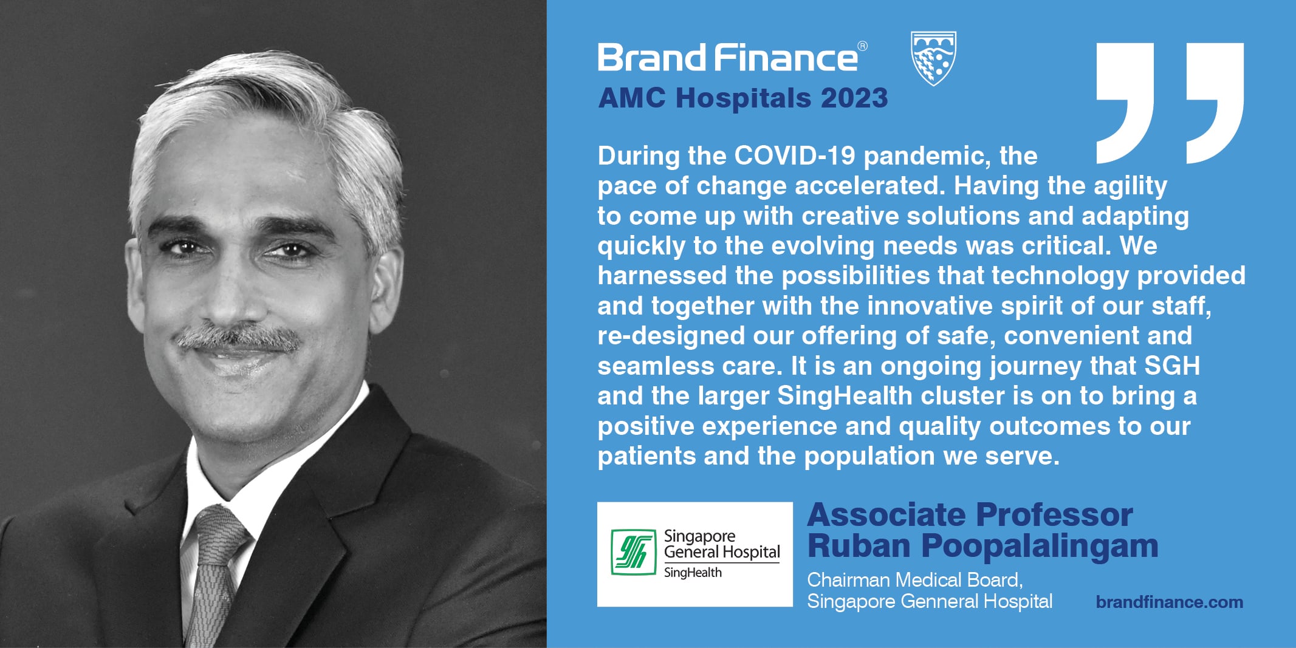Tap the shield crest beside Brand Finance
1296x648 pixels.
coord(934,58)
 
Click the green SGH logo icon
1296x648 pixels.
coord(633,552)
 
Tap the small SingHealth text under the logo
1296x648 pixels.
coord(693,573)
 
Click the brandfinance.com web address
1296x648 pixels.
coord(1170,602)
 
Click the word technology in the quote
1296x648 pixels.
coord(1060,276)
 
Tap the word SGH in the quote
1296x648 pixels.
coord(1172,366)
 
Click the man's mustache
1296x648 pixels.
coord(237,338)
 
